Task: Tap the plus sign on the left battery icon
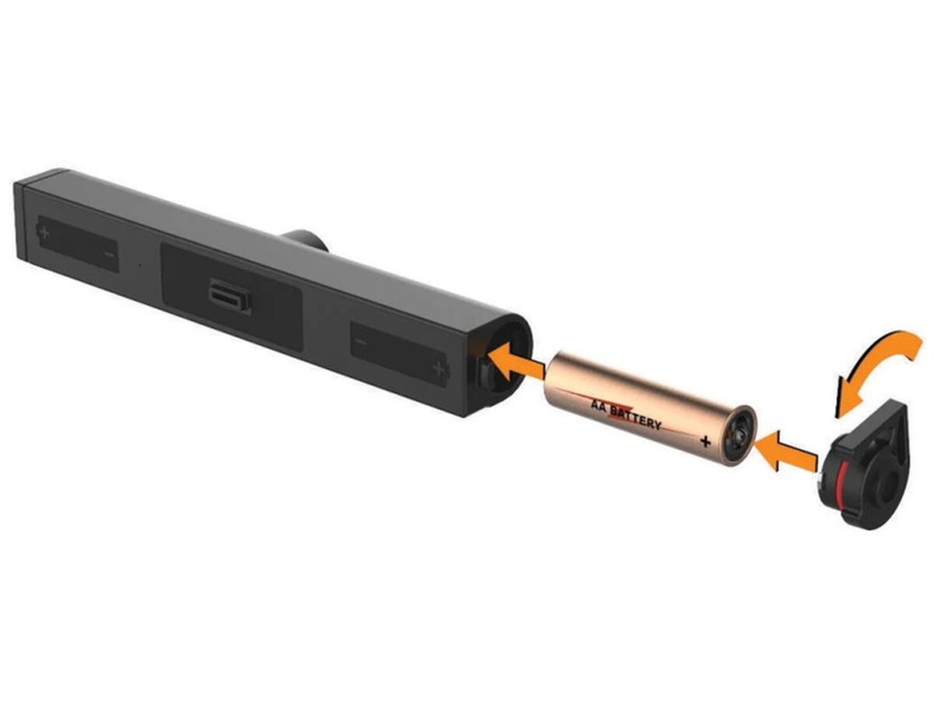[x=43, y=232]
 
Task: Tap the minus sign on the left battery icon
[x=110, y=255]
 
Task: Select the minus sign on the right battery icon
[x=361, y=342]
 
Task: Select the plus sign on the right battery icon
[x=439, y=368]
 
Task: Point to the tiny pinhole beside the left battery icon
[x=141, y=265]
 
